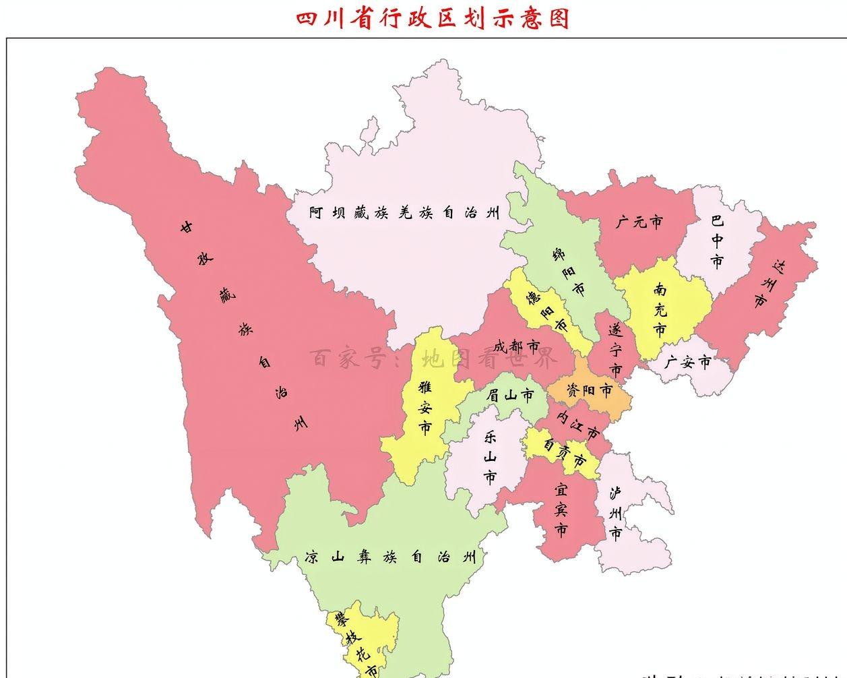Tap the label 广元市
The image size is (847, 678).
[639, 221]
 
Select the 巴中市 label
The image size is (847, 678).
[718, 241]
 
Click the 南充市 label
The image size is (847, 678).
[660, 309]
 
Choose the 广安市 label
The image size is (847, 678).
[687, 363]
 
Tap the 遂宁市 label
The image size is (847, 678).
[615, 350]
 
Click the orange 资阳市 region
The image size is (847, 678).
[589, 391]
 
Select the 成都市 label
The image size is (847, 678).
[517, 347]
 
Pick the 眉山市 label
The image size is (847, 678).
[510, 396]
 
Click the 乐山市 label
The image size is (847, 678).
[490, 458]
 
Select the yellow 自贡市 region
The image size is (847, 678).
[565, 454]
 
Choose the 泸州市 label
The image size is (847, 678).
[615, 514]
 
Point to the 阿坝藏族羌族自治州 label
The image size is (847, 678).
[405, 213]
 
